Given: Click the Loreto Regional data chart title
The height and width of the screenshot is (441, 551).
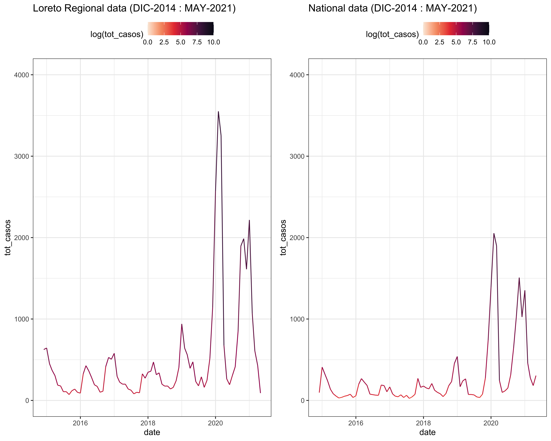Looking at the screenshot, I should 134,8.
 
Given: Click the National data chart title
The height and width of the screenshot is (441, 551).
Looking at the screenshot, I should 393,8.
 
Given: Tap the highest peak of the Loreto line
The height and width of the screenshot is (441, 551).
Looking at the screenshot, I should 218,112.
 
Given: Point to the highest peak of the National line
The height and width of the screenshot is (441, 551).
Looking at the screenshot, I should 494,233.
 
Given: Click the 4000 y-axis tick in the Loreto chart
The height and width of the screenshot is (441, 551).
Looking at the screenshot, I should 21,75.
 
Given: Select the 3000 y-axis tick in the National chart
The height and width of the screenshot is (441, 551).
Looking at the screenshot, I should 297,156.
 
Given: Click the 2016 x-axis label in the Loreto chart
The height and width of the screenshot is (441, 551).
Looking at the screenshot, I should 80,423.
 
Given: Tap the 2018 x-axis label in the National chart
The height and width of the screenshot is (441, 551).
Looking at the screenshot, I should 423,423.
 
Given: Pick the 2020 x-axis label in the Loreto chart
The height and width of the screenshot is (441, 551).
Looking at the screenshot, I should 215,423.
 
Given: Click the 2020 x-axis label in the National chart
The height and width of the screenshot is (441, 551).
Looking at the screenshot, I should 491,423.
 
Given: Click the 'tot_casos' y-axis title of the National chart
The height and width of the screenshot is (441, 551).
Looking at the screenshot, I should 283,237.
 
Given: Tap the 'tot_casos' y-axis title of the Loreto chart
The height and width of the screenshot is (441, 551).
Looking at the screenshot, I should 8,237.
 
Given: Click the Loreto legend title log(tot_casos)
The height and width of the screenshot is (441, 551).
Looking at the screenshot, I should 117,34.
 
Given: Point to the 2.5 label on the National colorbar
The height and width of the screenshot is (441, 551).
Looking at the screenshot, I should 440,42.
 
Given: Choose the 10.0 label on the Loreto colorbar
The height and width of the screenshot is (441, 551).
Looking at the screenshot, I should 213,42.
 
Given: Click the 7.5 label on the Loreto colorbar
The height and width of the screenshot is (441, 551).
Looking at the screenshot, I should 197,42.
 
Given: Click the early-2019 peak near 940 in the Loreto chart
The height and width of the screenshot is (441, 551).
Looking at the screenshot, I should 182,324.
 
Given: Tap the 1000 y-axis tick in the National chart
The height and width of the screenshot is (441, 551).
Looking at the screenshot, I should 297,319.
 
